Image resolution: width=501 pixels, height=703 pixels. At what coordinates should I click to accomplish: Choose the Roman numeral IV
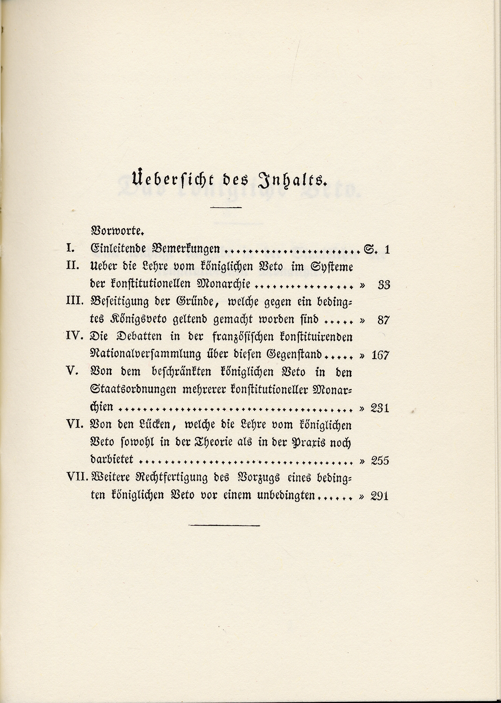coord(75,336)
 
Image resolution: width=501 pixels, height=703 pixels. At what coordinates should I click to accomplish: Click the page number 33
coord(383,285)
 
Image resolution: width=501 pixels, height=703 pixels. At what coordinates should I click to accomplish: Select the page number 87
coord(383,320)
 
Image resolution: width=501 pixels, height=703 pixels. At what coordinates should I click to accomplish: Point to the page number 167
coord(380,355)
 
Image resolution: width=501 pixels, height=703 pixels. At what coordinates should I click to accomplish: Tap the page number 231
coord(380,408)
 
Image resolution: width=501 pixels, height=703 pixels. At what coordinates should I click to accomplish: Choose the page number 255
coord(380,460)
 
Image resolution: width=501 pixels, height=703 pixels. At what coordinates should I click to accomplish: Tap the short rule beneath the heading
coord(226,207)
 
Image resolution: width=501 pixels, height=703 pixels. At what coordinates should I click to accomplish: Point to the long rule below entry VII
coord(224,526)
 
